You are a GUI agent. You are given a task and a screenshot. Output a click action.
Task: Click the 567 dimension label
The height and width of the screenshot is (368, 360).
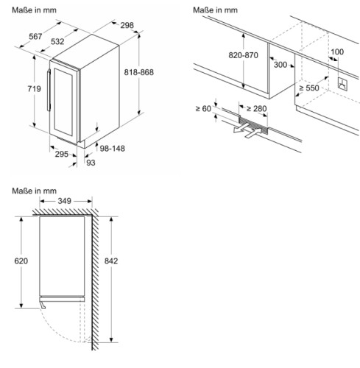35,37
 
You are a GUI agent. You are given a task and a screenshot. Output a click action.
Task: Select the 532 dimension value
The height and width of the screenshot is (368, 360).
57,42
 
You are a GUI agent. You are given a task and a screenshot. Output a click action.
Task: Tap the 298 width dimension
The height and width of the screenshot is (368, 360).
127,25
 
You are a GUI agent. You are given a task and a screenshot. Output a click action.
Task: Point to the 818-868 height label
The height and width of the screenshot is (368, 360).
138,72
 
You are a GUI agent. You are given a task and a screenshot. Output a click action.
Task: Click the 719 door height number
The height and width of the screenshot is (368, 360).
34,89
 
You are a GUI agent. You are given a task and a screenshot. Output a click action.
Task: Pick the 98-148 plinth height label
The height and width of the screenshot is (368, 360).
112,149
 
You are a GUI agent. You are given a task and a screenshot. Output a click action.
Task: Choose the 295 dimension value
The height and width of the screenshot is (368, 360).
62,154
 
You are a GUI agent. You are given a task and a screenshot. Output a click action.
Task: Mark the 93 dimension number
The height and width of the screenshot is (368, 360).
91,163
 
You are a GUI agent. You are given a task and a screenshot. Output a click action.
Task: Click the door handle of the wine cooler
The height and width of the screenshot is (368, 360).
49,91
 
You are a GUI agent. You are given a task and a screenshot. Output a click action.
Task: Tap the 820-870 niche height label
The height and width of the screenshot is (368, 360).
243,55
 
